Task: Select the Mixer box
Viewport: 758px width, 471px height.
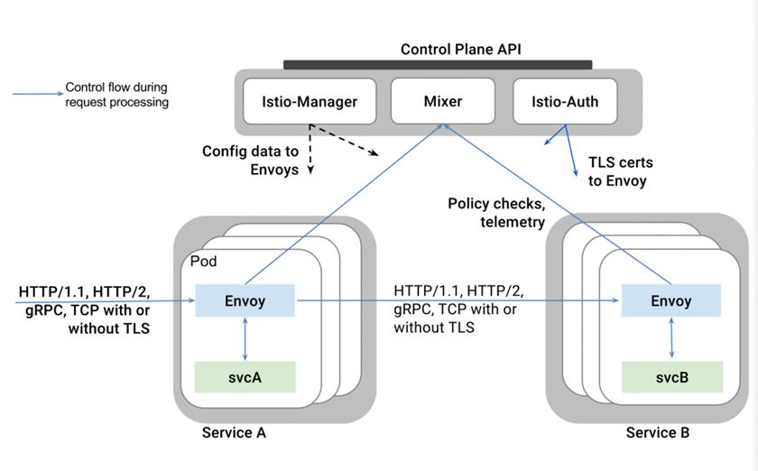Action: point(443,102)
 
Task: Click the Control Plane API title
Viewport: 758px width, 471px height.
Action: point(438,48)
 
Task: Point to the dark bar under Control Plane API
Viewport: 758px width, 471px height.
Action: point(438,65)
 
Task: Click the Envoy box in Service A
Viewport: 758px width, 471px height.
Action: point(245,300)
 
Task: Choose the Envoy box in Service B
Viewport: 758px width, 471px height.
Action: point(671,301)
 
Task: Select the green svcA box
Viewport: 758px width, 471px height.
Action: point(245,376)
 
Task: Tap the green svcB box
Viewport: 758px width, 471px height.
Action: point(671,376)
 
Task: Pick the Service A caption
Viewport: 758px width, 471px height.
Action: point(235,433)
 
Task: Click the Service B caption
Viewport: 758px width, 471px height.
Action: point(658,433)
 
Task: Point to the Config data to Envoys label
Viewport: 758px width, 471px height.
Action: point(250,161)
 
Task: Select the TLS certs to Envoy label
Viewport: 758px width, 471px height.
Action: point(621,171)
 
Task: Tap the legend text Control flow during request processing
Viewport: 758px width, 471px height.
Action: point(117,96)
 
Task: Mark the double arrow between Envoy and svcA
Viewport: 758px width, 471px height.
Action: point(245,339)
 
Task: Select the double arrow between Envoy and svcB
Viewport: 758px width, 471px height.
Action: point(671,339)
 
